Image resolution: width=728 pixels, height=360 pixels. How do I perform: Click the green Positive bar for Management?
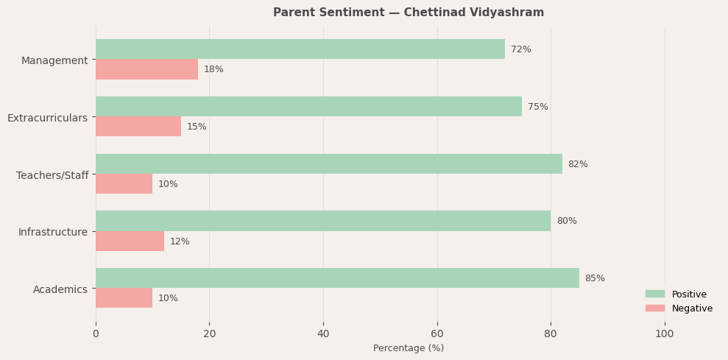[x=300, y=49]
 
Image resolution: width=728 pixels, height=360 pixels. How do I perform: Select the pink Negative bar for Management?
[x=146, y=69]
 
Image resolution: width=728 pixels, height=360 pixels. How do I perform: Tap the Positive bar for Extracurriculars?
[x=308, y=107]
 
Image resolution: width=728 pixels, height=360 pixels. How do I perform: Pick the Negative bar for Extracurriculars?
[x=138, y=127]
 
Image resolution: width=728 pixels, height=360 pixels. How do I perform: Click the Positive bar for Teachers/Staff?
[x=328, y=164]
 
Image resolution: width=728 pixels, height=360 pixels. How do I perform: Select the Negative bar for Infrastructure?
[x=130, y=241]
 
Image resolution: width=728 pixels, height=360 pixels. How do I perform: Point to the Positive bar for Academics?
[x=337, y=278]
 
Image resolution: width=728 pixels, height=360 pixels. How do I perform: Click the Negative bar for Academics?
[x=124, y=298]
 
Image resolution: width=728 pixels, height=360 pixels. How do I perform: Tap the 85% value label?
[x=595, y=278]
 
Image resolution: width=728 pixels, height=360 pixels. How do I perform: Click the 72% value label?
[x=520, y=49]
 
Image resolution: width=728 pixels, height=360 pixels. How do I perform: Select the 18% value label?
[x=213, y=69]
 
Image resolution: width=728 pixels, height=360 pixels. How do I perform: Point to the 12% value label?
[x=180, y=241]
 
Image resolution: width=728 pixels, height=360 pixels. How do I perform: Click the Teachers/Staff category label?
[x=52, y=175]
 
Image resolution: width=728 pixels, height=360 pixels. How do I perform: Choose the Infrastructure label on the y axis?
[x=53, y=232]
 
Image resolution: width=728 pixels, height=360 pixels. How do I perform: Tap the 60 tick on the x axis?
[x=437, y=333]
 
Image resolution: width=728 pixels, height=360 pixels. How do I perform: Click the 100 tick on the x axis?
[x=665, y=333]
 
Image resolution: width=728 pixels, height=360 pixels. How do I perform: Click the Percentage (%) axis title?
[x=409, y=348]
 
